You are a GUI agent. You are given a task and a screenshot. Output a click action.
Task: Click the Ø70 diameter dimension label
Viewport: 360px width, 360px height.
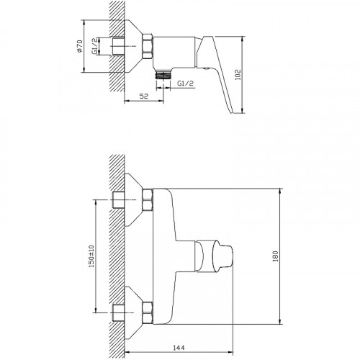(79, 46)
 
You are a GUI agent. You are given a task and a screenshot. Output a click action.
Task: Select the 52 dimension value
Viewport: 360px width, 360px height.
(144, 96)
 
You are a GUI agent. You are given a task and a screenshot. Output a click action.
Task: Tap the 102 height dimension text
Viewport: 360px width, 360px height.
(238, 75)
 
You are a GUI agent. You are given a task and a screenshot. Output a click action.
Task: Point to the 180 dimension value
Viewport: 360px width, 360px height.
(275, 256)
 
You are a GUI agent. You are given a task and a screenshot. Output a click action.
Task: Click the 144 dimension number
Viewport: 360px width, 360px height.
(179, 347)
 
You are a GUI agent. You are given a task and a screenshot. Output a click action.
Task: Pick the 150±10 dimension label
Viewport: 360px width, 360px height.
(91, 256)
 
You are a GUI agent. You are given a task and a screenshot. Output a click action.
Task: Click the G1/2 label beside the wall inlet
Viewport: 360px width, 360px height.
(95, 46)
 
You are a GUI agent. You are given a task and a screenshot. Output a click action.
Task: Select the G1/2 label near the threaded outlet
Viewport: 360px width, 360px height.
(185, 84)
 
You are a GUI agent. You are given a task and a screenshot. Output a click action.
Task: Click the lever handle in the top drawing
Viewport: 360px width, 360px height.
(215, 72)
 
